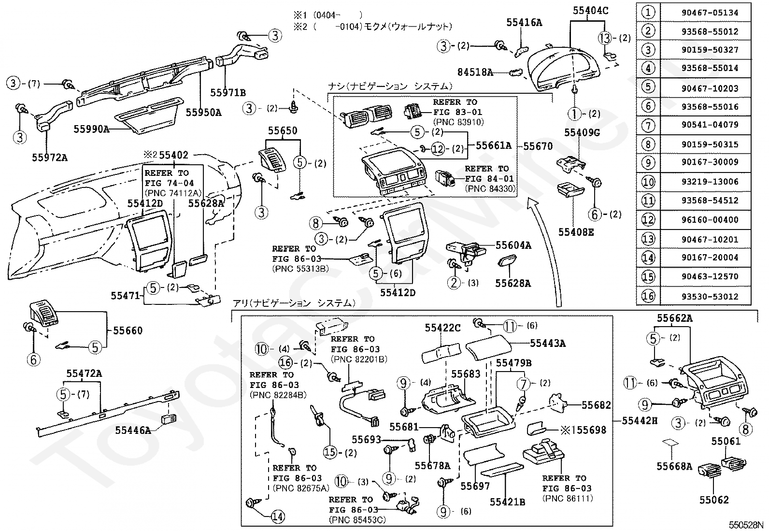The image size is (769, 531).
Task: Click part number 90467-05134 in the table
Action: [710, 13]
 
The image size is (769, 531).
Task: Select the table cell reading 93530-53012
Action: [710, 296]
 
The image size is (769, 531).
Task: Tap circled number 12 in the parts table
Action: [648, 219]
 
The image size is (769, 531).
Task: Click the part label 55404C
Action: [590, 11]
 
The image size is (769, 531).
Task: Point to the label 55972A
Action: [50, 158]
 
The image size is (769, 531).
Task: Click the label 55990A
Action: [91, 129]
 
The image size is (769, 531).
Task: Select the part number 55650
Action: [283, 130]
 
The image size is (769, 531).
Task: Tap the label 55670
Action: [538, 146]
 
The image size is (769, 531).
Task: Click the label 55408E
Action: [576, 232]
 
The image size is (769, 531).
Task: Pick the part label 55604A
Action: [513, 245]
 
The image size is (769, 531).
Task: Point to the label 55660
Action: [128, 330]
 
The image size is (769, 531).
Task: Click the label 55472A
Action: [84, 373]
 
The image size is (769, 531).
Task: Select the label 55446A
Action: [133, 431]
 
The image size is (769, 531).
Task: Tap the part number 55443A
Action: [548, 343]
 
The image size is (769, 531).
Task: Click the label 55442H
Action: [640, 420]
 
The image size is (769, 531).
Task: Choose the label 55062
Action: [714, 500]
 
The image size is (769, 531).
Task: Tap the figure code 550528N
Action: [748, 525]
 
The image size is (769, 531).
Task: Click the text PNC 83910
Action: [459, 122]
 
